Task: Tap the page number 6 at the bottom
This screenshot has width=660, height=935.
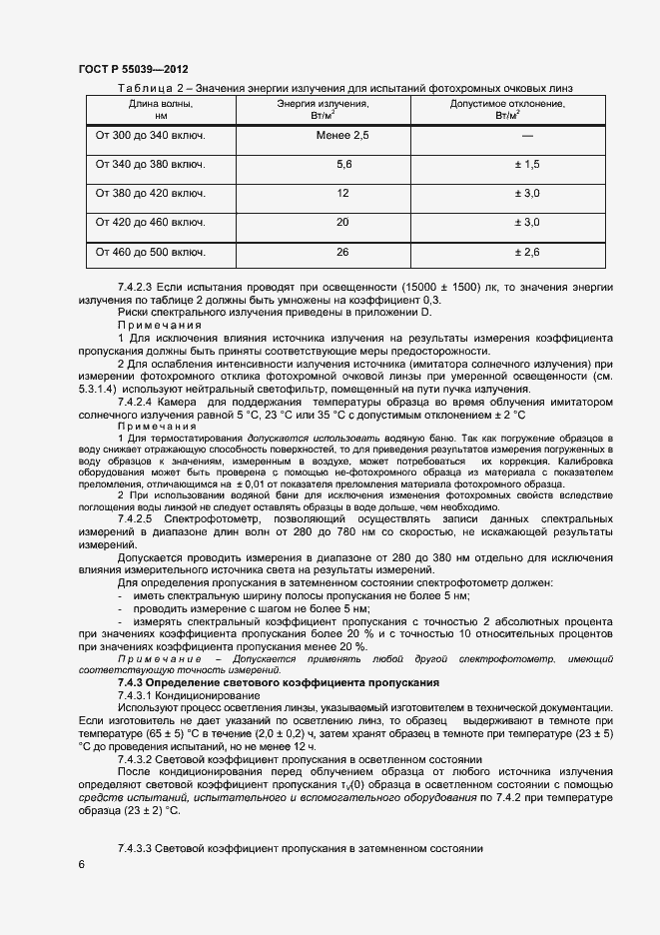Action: pos(81,864)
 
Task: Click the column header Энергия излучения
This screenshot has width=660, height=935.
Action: pos(342,104)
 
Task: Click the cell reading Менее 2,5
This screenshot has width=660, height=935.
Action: pos(342,135)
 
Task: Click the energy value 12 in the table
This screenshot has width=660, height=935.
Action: pos(343,193)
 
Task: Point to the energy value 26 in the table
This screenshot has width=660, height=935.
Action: pos(343,252)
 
